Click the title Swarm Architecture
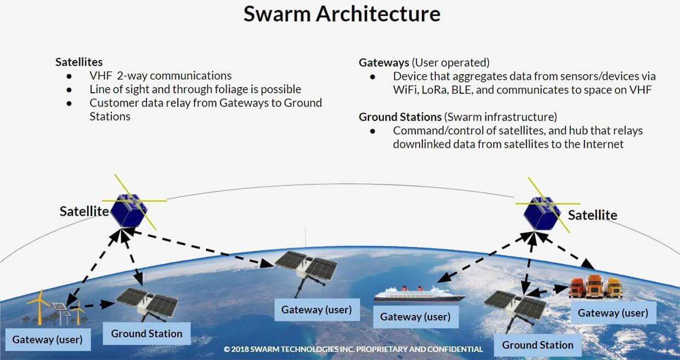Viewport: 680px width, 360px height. [342, 14]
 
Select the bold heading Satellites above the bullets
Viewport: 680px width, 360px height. [79, 62]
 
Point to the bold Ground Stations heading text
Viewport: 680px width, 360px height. [400, 117]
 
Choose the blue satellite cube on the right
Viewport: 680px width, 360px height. [541, 212]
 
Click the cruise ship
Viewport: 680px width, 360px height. [418, 295]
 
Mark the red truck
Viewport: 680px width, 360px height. [577, 287]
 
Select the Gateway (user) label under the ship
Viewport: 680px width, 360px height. [415, 317]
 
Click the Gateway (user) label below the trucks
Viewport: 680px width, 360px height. [613, 313]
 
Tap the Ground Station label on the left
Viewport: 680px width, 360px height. [146, 333]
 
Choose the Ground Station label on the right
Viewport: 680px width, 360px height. [537, 345]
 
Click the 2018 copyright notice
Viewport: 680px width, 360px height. [353, 349]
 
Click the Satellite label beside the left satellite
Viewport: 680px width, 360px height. [84, 211]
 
